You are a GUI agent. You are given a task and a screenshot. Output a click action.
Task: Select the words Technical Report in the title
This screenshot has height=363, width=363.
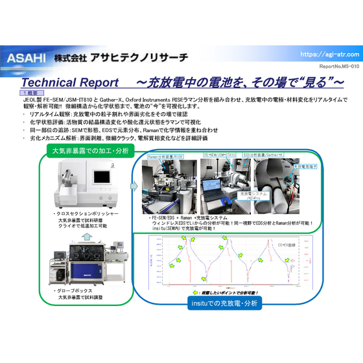point(70,83)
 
